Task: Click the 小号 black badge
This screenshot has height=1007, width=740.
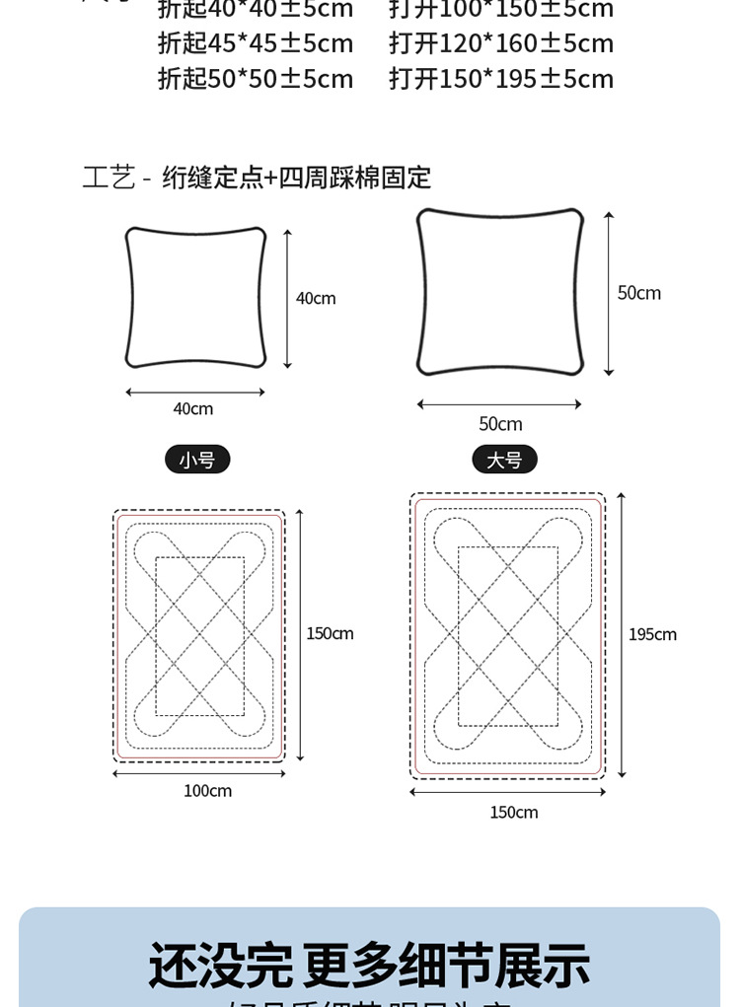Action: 197,460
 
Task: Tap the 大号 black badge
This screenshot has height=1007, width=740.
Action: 504,460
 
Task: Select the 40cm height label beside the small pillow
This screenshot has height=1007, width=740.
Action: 316,298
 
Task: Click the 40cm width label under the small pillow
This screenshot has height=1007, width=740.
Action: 193,408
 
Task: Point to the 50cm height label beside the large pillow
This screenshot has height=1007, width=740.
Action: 639,293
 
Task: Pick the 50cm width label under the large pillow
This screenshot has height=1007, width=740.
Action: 500,424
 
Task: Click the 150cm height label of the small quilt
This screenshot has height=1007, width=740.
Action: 330,633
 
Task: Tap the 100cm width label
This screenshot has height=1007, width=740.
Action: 207,791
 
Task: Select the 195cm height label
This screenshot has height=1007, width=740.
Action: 652,634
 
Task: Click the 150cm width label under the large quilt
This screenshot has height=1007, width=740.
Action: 514,813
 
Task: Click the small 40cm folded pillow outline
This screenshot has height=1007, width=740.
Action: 195,298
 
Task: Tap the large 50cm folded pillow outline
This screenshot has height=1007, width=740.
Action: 499,292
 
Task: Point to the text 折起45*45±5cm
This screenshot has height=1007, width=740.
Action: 256,43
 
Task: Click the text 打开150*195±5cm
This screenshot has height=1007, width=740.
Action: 501,79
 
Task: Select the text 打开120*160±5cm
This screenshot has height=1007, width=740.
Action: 501,43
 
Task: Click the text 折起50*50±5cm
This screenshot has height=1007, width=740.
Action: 256,79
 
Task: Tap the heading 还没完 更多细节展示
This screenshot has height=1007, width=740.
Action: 369,966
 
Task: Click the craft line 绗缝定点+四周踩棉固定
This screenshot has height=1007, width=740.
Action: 296,178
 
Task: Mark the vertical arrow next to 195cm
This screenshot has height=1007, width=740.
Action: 621,634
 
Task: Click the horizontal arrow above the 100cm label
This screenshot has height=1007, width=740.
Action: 198,774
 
